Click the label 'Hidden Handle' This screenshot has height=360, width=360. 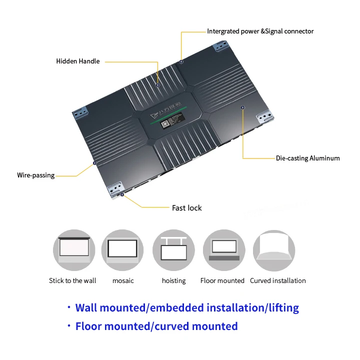(78, 61)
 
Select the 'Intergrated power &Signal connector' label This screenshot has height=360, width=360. (260, 31)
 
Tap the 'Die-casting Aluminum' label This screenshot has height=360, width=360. (307, 158)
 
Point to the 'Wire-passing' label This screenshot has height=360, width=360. (36, 175)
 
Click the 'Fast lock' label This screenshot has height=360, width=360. (187, 208)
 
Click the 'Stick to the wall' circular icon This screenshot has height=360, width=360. (73, 250)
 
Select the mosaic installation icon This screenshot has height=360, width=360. (122, 250)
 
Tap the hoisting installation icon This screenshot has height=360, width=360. (173, 250)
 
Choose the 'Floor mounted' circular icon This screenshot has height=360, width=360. (223, 250)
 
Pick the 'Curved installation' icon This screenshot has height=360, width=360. (274, 250)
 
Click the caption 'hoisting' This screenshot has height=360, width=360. (173, 281)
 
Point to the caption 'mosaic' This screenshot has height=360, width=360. (123, 281)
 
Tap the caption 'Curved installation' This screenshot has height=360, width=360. (278, 281)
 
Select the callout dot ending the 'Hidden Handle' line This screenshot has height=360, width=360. (157, 85)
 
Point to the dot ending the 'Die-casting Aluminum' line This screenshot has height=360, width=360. (243, 107)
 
